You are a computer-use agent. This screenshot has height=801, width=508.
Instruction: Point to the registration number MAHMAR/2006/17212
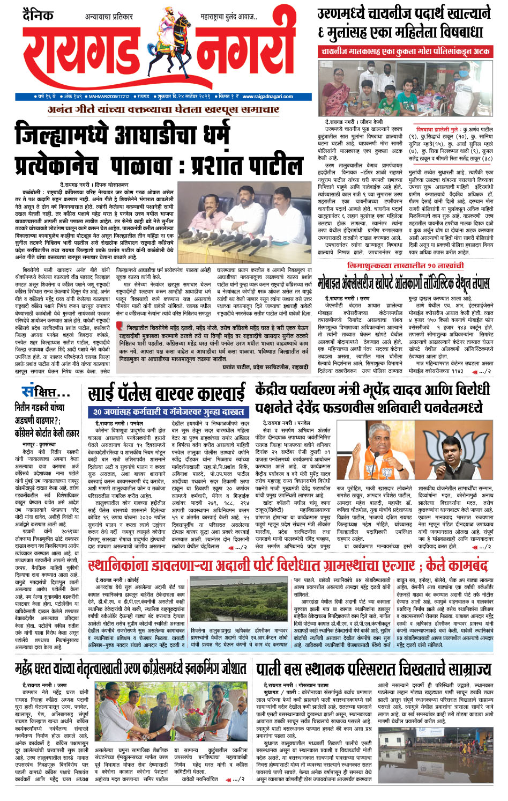pyautogui.click(x=109, y=97)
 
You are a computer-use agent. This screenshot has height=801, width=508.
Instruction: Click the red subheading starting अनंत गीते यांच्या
pyautogui.click(x=163, y=109)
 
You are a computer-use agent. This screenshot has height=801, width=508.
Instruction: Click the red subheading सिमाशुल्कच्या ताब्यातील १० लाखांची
pyautogui.click(x=405, y=266)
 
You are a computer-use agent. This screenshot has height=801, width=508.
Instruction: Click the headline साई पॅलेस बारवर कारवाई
pyautogui.click(x=167, y=394)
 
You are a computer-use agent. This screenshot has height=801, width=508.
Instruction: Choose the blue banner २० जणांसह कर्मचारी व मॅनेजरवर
pyautogui.click(x=168, y=412)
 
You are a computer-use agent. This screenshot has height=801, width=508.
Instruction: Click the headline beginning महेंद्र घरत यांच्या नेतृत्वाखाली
pyautogui.click(x=131, y=668)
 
